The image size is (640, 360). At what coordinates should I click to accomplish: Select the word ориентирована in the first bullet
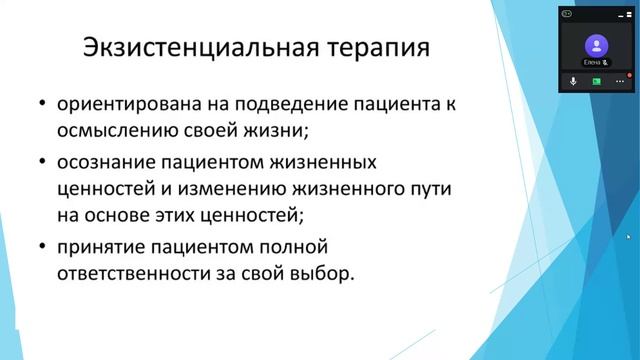pos(121,105)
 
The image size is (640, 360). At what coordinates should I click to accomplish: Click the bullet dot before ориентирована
pos(42,105)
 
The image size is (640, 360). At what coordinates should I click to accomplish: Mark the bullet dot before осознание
pos(42,160)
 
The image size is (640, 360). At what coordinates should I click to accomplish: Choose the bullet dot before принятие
pos(42,244)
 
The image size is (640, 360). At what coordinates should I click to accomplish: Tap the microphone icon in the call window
pos(574,82)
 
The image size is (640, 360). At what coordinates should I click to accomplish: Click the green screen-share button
pos(597,82)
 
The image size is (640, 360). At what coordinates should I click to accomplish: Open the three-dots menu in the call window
pos(620,82)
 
